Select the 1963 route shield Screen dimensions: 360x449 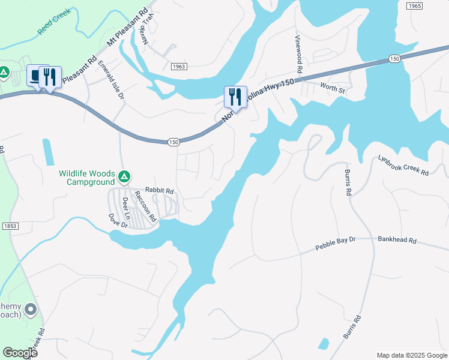(178, 67)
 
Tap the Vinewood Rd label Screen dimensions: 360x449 (298, 54)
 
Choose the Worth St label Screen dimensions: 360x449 (333, 90)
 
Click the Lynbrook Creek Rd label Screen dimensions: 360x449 (403, 165)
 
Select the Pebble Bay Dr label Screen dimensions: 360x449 (336, 243)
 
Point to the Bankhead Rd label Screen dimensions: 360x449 (397, 239)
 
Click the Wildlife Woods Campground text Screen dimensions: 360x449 (86, 178)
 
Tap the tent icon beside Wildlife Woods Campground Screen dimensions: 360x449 (124, 177)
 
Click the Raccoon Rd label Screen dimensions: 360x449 (145, 206)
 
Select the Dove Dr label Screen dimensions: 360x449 (118, 221)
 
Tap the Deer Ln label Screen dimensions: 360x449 (126, 208)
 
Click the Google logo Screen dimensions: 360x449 (20, 353)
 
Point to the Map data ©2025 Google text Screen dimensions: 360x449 (411, 355)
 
